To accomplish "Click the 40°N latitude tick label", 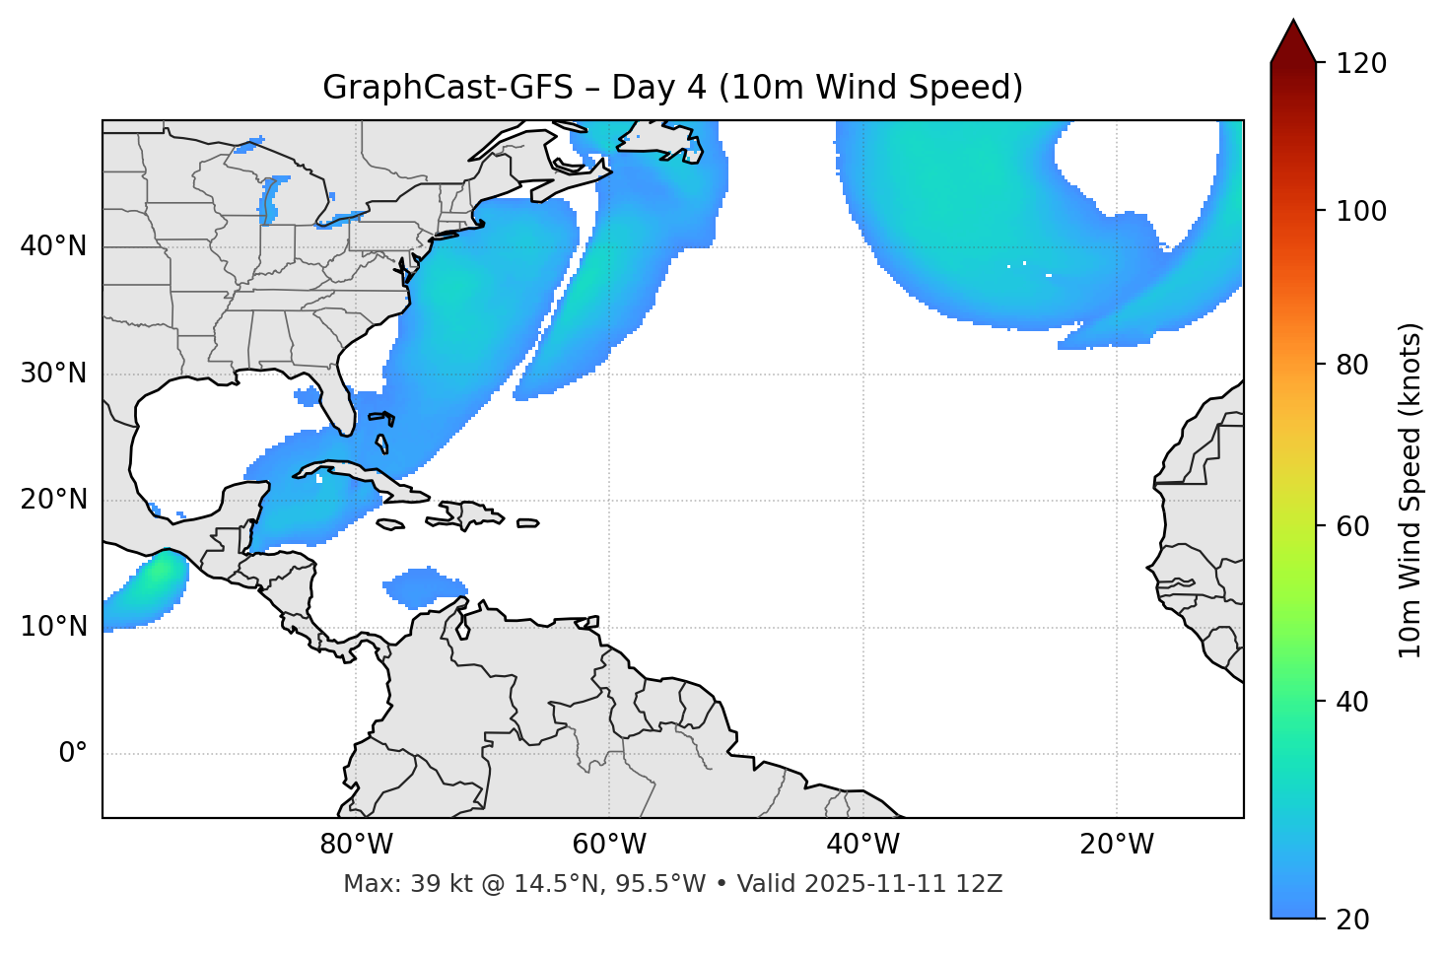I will point(53,246).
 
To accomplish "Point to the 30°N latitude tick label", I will point(53,374).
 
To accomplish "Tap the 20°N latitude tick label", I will point(53,500).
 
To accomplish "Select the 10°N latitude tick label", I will point(53,627).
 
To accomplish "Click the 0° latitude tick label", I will point(73,754).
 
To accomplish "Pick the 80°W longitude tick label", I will point(356,845).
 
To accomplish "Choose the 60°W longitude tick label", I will point(609,845).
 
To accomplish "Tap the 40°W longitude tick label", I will point(862,845).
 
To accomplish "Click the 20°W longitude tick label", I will point(1117,845).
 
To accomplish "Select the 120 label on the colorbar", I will point(1361,64).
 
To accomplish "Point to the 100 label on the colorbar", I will point(1361,211).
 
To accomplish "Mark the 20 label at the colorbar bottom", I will point(1352,920).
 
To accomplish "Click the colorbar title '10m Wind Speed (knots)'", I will point(1411,491).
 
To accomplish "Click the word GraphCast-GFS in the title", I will point(447,88).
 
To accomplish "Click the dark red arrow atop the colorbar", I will point(1293,41).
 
